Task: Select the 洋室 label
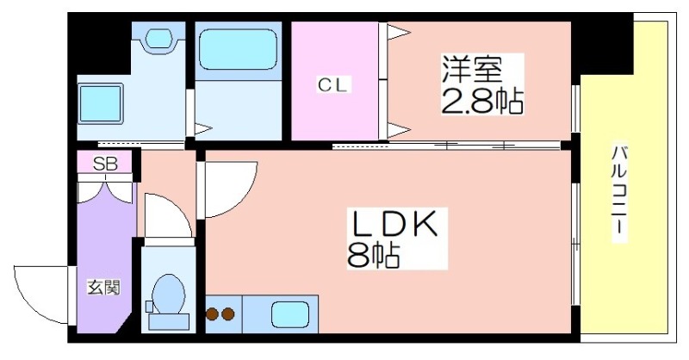point(471,66)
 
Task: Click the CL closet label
point(335,84)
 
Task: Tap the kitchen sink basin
point(290,313)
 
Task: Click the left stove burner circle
point(213,314)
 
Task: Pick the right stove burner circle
point(228,314)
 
